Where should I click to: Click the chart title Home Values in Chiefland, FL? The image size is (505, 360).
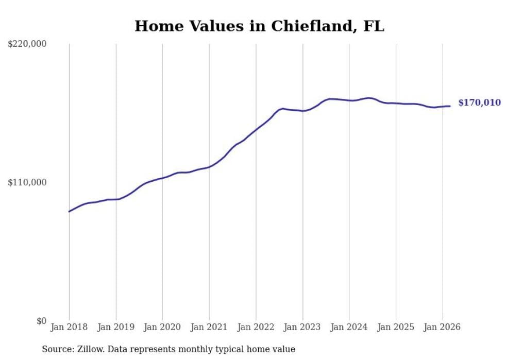point(259,26)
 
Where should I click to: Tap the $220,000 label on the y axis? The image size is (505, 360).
point(27,44)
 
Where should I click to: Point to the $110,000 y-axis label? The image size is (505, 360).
point(27,182)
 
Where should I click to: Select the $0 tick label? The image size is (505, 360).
point(41,321)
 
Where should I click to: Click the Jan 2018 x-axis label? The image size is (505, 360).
point(69,327)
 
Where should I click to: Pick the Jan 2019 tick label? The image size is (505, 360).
point(115,327)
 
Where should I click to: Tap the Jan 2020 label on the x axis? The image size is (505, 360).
point(162,327)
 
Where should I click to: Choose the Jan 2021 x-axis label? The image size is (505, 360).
point(209,327)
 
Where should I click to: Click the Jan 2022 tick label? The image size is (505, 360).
point(256,327)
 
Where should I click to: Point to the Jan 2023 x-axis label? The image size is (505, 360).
point(302,327)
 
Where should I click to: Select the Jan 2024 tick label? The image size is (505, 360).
point(349,327)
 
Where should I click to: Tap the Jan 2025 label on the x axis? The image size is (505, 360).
point(396,327)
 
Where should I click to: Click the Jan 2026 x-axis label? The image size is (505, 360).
point(442,327)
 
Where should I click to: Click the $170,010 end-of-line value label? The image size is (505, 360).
point(479,103)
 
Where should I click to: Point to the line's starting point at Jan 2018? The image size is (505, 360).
point(69,212)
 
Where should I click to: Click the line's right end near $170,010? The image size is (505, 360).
point(450,106)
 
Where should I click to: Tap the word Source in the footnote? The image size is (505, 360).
point(57,350)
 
